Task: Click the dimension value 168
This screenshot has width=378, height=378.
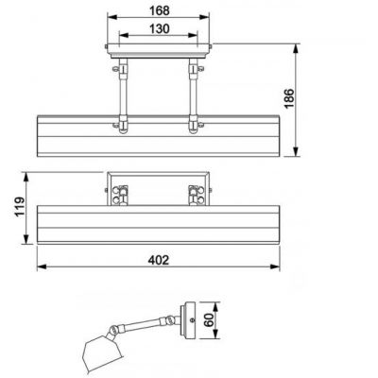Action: pos(159,10)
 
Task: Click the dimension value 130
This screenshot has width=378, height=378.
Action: pos(159,29)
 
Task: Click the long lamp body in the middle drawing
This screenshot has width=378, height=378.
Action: pos(159,226)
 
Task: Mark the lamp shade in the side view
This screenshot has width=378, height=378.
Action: pos(99,352)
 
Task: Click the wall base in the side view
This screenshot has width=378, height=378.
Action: pos(192,319)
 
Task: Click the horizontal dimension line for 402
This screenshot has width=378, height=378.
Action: pos(94,267)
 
